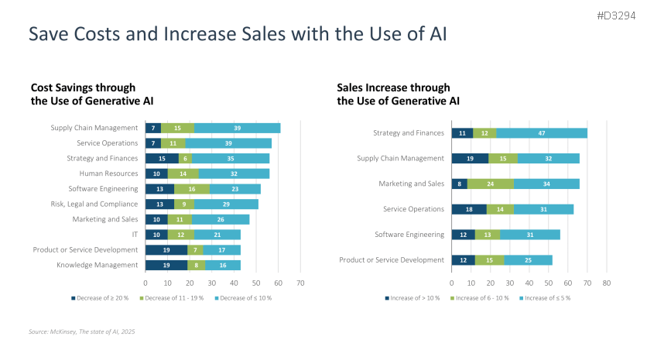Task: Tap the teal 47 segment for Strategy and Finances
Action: pos(542,132)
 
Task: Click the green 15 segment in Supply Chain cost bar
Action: pos(177,128)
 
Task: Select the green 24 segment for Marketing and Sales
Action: pos(490,184)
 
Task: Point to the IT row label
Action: pos(134,235)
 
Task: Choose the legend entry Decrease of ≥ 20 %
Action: pos(101,297)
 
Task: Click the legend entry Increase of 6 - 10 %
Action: pos(481,297)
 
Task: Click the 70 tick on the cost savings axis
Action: pos(300,283)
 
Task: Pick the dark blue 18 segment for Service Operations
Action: pos(469,209)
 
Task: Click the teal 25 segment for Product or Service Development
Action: pos(528,260)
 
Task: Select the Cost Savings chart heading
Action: pos(84,94)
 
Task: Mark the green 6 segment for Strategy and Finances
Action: pos(186,158)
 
